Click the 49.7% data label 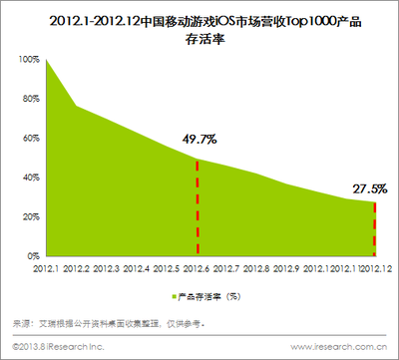(198, 139)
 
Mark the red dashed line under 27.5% (375, 228)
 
